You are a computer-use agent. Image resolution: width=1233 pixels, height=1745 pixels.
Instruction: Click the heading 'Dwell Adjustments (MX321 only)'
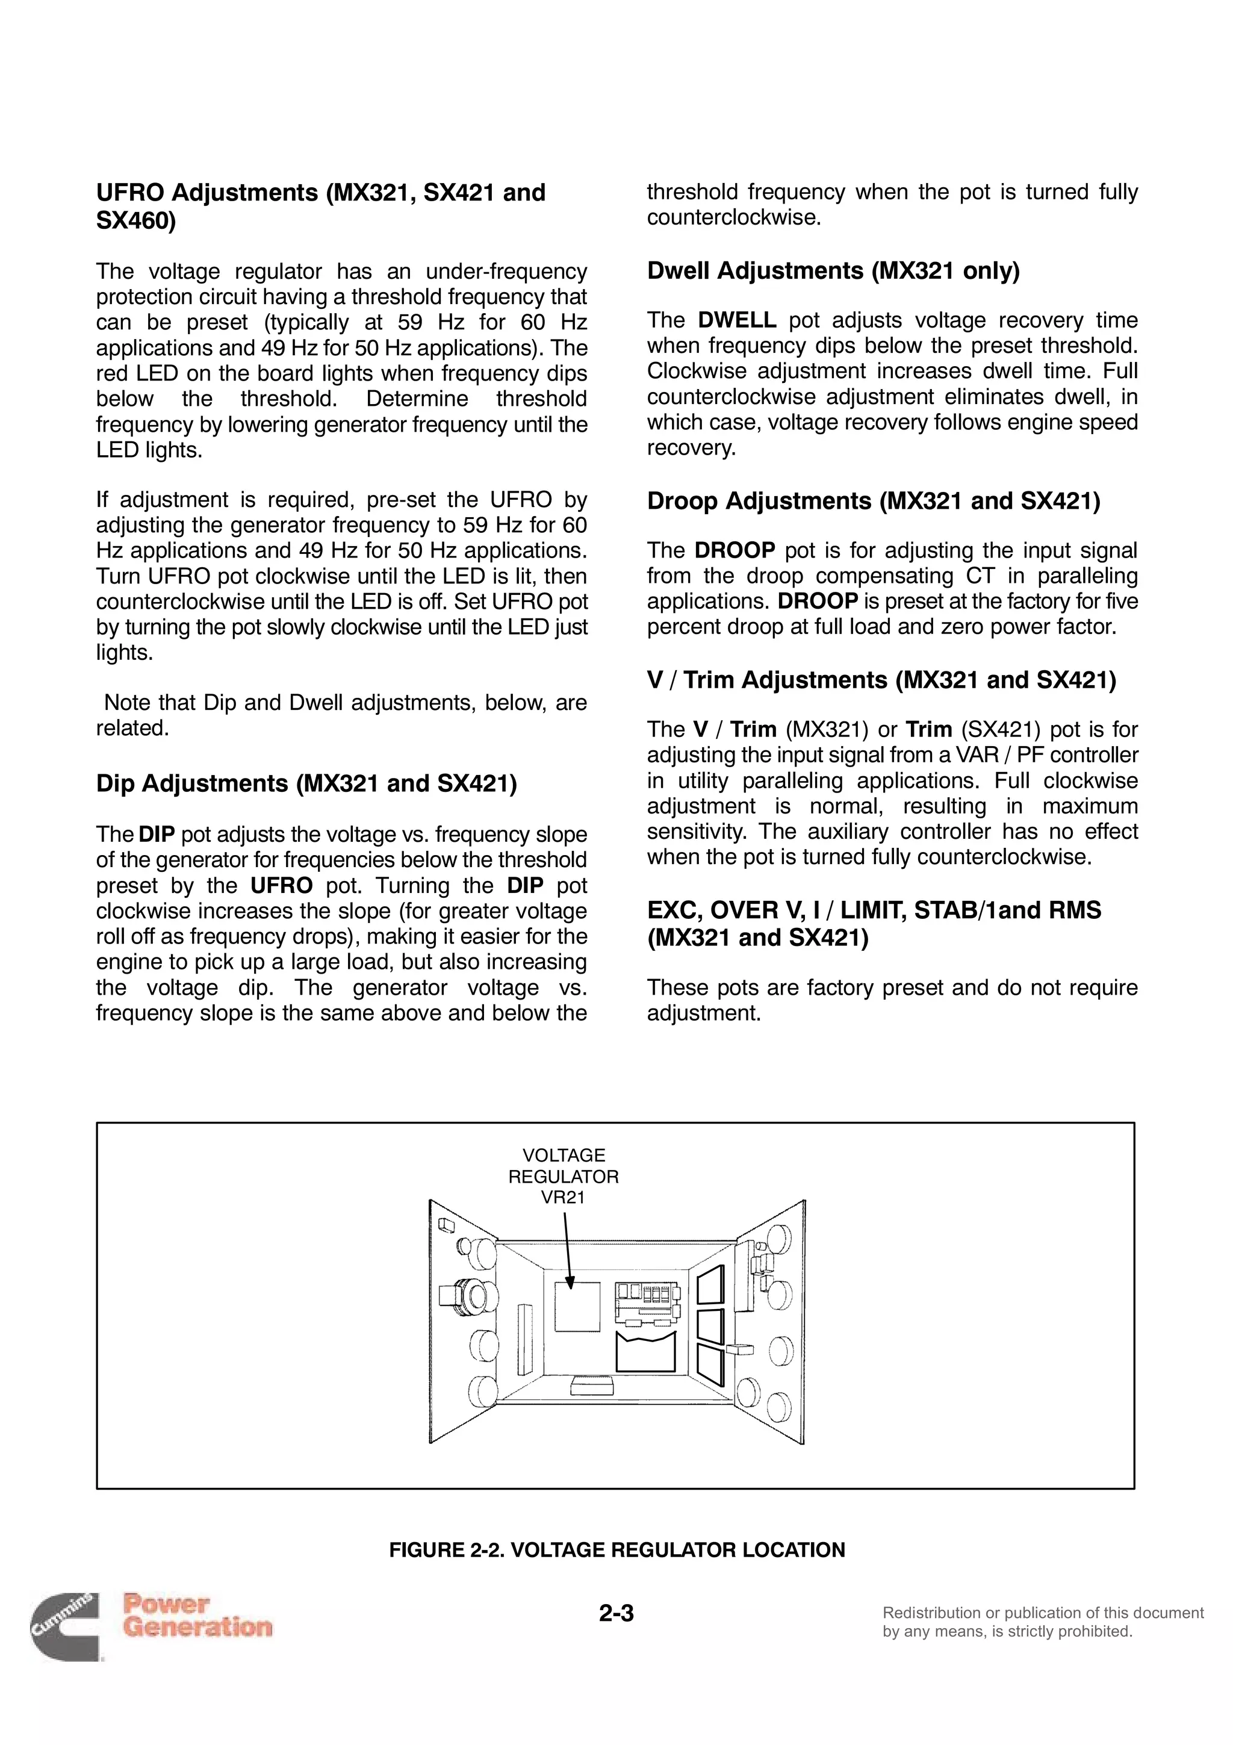833,270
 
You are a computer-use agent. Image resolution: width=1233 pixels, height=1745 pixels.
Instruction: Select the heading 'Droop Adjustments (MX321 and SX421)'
873,501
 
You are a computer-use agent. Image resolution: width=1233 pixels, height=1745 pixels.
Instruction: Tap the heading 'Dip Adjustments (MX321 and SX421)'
306,783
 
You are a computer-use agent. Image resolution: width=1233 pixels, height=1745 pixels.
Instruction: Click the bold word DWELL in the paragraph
736,320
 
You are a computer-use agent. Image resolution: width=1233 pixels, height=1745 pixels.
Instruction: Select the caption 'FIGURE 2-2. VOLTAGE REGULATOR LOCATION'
616,1550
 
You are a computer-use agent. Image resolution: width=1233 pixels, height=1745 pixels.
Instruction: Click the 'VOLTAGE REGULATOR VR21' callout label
563,1177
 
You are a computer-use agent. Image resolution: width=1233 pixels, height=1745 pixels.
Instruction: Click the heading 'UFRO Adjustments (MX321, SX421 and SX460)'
321,206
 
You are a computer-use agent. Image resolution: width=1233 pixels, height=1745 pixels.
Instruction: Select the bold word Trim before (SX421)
928,730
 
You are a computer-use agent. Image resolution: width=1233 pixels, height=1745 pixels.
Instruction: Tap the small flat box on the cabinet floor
594,1386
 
